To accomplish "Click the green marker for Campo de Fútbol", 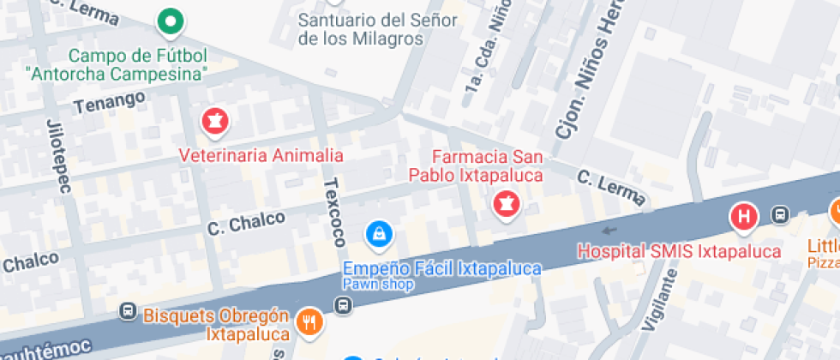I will pyautogui.click(x=171, y=21).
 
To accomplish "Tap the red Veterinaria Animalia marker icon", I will pyautogui.click(x=214, y=122).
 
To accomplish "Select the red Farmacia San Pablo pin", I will pyautogui.click(x=506, y=204).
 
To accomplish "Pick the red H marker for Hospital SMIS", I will pyautogui.click(x=744, y=216).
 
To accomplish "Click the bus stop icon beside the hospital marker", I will pyautogui.click(x=780, y=214).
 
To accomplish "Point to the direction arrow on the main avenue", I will pyautogui.click(x=609, y=230).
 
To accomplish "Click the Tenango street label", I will pyautogui.click(x=109, y=103).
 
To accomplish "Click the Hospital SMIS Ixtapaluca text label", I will pyautogui.click(x=679, y=251).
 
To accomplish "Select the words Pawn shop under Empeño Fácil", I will pyautogui.click(x=378, y=284).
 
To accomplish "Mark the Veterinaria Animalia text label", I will pyautogui.click(x=261, y=156).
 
